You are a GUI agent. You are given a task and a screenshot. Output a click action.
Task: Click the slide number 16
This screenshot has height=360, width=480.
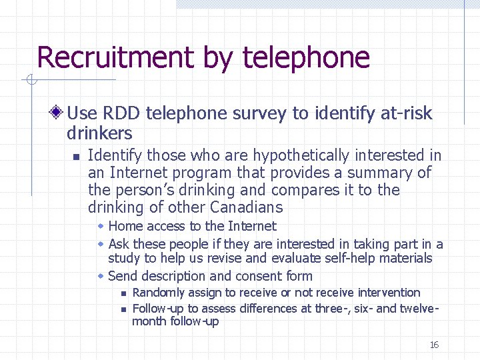tap(434, 345)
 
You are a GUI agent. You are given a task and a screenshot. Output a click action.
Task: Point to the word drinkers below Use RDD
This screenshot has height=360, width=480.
tap(99, 133)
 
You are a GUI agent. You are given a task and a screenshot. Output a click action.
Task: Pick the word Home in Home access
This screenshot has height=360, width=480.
tap(124, 227)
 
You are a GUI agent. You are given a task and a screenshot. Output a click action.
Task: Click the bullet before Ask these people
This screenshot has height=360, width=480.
tap(101, 244)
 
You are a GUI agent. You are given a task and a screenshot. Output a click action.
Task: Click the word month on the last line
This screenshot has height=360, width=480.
tap(148, 321)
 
